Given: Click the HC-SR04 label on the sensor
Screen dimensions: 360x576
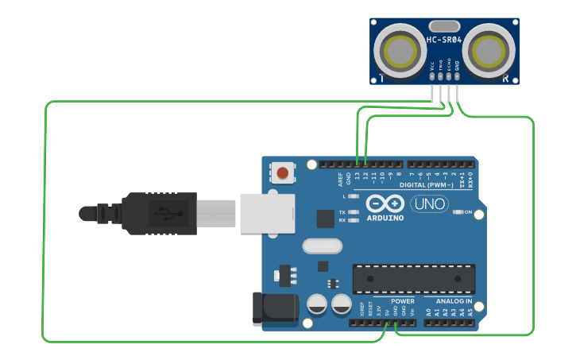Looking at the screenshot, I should coord(443,40).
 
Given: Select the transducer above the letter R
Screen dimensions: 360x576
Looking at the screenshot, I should coord(489,50).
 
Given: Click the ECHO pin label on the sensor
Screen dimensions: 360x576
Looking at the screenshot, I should coord(449,68).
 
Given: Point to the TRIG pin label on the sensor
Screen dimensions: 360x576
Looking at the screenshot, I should coord(441,68).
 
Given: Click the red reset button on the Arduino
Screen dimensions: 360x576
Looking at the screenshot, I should coord(283,172).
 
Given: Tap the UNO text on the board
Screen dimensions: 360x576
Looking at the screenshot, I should coord(430,204).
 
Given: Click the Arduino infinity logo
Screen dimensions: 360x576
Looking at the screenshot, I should coord(385,204).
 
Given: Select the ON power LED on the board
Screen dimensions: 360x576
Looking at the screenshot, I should coord(458,212).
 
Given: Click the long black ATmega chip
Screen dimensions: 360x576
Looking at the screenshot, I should coord(414,278).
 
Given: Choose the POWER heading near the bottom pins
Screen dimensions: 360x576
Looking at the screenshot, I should coord(403,302).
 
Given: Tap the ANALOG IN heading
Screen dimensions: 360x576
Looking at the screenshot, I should coord(454,302).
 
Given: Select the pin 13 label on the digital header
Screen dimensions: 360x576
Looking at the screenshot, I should coord(358,176).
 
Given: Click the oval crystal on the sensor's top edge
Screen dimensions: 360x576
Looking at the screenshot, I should coord(444,26).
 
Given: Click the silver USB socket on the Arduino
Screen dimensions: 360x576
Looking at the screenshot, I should coord(267,213).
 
